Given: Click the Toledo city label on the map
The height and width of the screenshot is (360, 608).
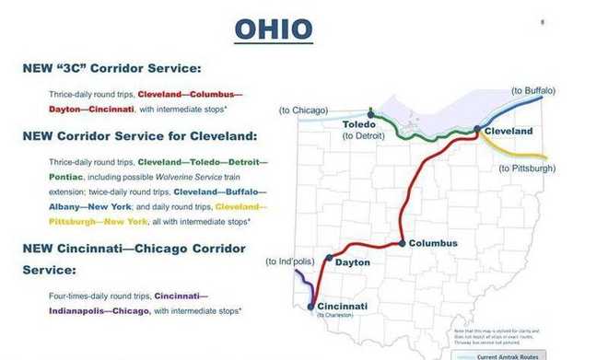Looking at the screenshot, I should click(362, 123).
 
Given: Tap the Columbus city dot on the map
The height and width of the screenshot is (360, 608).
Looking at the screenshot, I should click(403, 243).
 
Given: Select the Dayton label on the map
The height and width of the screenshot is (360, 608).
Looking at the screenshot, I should click(353, 262).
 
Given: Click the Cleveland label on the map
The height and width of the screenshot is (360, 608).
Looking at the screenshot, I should click(508, 132).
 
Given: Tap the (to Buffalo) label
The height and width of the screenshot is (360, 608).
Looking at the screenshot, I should click(533, 90).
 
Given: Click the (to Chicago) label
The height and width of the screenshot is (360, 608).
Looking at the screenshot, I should click(303, 110).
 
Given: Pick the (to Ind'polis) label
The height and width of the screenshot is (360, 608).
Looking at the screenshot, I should click(290, 261).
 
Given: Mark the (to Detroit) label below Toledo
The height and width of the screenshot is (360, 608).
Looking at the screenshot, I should click(363, 135).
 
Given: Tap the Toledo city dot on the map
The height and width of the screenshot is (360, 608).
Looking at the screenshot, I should click(371, 115).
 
